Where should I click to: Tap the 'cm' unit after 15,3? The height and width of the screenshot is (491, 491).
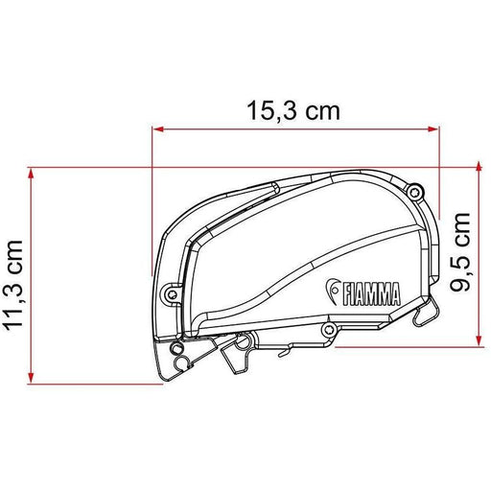coord(319,110)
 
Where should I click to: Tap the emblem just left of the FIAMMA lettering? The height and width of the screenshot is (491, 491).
coord(333,291)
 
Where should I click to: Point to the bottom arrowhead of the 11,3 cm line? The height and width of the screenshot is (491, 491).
coord(33,378)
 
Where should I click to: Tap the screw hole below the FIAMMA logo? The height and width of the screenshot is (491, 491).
coord(329,330)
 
